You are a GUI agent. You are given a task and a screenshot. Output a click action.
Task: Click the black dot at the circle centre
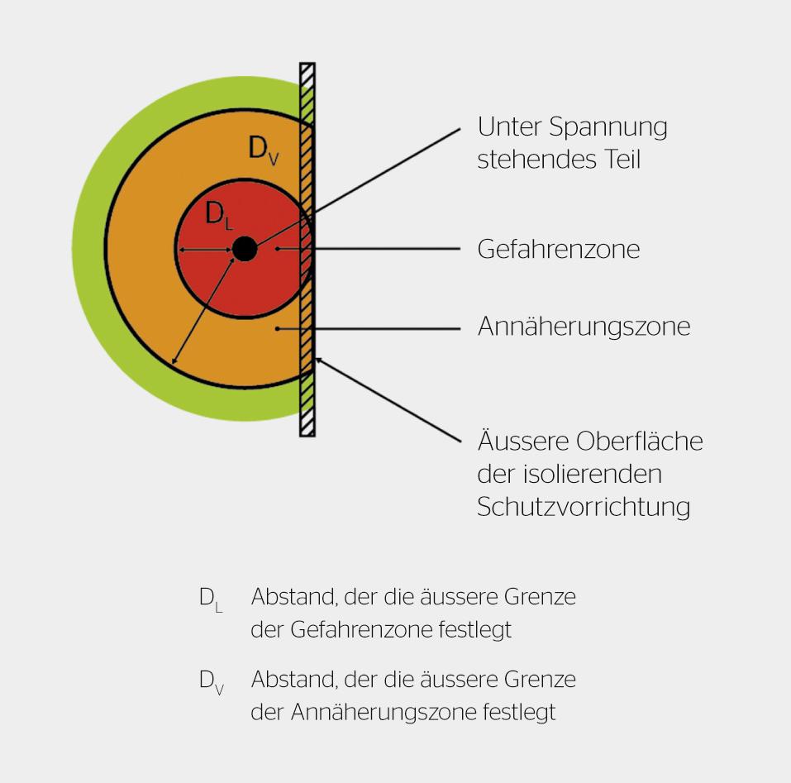tap(244, 248)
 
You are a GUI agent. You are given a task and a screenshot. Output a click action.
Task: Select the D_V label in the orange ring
tap(264, 149)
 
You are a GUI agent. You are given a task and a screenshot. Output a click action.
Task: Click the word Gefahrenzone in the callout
tap(558, 249)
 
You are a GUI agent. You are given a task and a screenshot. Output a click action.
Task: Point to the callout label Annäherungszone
tap(584, 327)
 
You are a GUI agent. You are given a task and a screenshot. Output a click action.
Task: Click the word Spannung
tap(608, 127)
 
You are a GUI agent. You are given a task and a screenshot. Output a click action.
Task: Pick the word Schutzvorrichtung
tap(584, 506)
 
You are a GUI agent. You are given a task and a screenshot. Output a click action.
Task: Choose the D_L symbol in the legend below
tap(210, 599)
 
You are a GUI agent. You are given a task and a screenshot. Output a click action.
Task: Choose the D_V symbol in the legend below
tap(211, 682)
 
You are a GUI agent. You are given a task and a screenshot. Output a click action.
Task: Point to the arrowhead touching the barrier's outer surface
tap(318, 360)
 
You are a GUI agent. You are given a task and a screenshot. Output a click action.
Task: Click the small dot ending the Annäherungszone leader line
tap(279, 328)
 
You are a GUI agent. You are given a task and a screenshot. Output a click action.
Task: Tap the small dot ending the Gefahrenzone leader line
tap(279, 248)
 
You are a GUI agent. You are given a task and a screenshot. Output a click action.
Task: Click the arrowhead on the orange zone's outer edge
tap(174, 360)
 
